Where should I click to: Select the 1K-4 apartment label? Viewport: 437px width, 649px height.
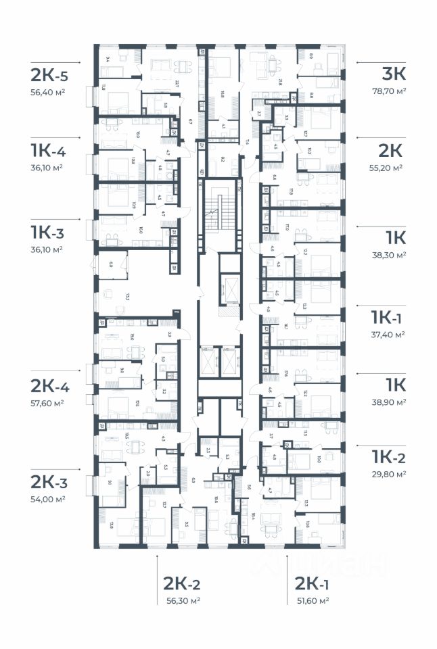47,150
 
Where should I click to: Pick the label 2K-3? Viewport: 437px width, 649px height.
49,481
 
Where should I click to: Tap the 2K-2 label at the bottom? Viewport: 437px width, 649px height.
182,584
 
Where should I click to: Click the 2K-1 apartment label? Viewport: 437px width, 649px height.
313,584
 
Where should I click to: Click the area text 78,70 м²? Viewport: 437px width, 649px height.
389,91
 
